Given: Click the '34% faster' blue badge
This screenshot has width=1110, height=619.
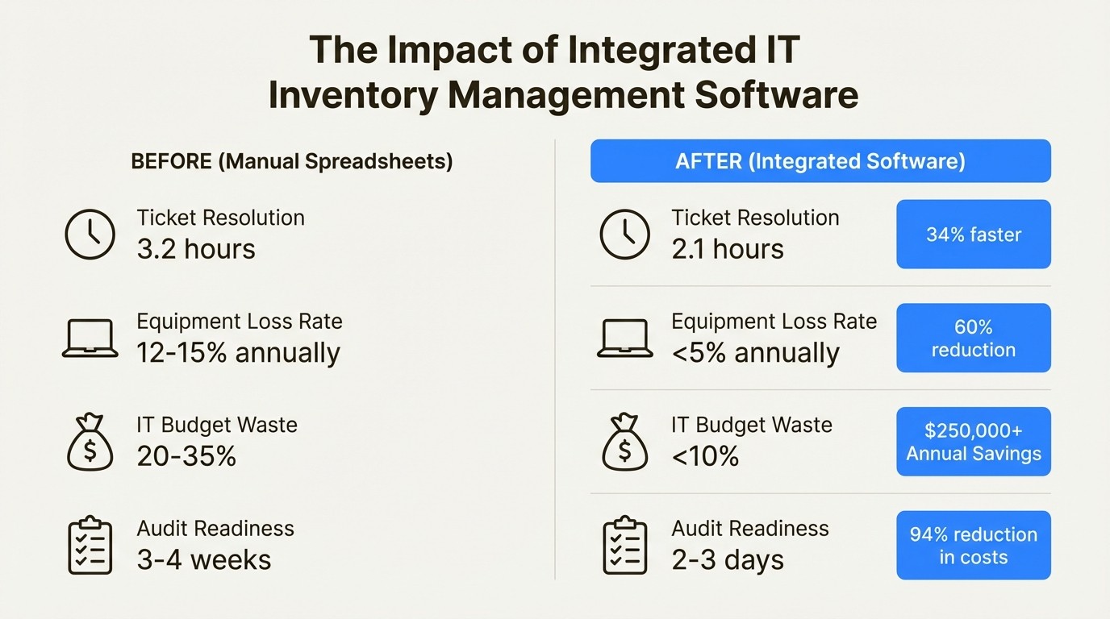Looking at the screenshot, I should (x=973, y=235).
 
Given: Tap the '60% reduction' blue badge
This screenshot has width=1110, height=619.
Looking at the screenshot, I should (x=973, y=339).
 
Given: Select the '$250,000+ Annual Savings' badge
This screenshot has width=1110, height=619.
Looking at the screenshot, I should (x=973, y=442).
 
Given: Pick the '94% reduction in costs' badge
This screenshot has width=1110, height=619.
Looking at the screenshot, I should (x=973, y=546).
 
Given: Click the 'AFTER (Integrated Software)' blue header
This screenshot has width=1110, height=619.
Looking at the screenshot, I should (x=820, y=161).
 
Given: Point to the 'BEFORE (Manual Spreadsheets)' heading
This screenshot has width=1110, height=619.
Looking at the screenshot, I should (x=292, y=161).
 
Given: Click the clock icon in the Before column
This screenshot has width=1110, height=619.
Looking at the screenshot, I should (x=90, y=234).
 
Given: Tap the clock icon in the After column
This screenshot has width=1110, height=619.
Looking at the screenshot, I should (x=624, y=234).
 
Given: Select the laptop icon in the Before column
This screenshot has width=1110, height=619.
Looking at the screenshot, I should (x=90, y=339).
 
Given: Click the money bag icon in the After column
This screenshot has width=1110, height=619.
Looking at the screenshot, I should (x=624, y=442).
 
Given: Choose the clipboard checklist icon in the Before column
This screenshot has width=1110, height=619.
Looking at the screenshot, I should (x=90, y=546).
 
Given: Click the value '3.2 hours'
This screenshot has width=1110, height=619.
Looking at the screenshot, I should (x=196, y=249).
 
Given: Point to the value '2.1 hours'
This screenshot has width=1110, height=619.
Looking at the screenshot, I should (x=728, y=249).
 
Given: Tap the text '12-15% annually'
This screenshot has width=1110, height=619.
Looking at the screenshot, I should (x=238, y=353).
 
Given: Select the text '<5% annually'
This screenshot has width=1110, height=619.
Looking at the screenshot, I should (x=755, y=353).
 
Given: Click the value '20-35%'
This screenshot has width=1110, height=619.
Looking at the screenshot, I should (x=186, y=456).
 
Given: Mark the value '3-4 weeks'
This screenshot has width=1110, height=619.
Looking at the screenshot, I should (x=204, y=559).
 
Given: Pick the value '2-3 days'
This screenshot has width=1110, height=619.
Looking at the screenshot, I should (x=728, y=559).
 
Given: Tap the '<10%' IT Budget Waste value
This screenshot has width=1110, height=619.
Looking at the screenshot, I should (x=705, y=456).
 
